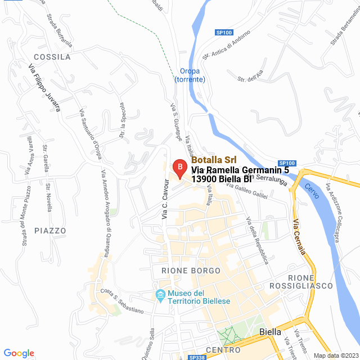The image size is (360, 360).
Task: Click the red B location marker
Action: click(x=179, y=168)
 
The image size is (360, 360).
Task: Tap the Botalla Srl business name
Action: click(x=213, y=160)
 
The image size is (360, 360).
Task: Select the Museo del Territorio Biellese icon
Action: click(x=160, y=295)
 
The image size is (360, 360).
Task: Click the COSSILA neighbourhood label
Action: click(x=52, y=57)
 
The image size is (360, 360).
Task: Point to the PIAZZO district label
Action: click(x=50, y=231)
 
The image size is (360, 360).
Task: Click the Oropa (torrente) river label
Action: click(x=193, y=75)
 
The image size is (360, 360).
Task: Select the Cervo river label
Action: click(x=312, y=191)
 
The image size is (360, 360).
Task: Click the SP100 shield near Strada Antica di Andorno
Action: click(x=224, y=33)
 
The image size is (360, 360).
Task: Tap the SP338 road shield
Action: click(x=197, y=357)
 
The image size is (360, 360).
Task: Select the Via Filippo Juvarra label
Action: click(x=44, y=87)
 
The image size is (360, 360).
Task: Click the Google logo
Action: click(x=19, y=353)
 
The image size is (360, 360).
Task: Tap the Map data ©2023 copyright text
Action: click(x=335, y=355)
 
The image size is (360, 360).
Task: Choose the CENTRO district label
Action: click(x=208, y=350)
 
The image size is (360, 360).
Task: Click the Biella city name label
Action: click(x=271, y=332)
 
